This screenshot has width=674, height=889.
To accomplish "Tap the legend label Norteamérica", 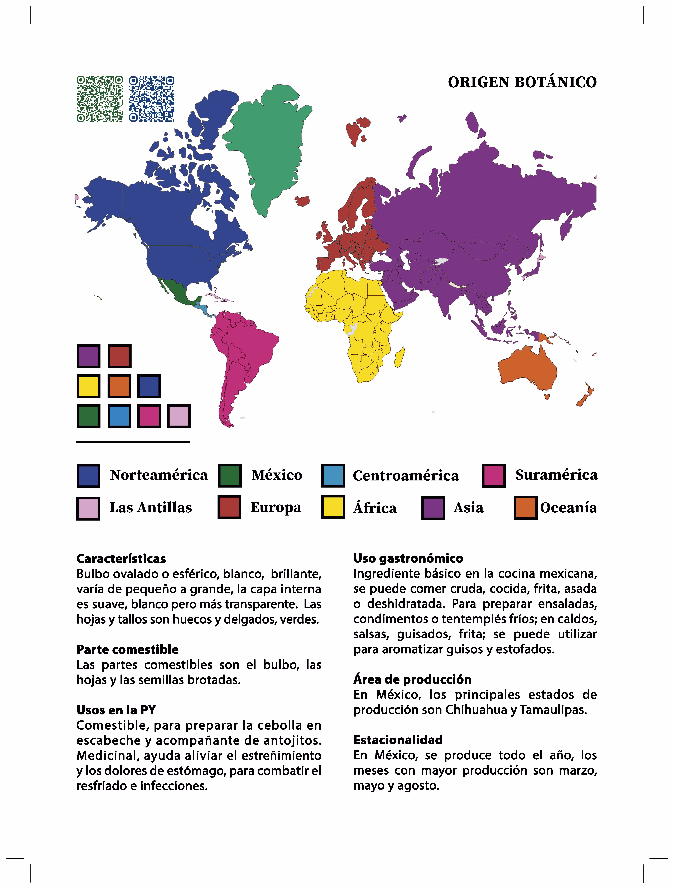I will (159, 475).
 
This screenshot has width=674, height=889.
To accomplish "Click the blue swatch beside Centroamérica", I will (333, 475).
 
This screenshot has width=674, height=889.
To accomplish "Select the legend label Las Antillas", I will (151, 508).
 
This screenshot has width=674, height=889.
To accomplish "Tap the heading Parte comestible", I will (127, 649).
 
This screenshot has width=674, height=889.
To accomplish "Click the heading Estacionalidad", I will (398, 740).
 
